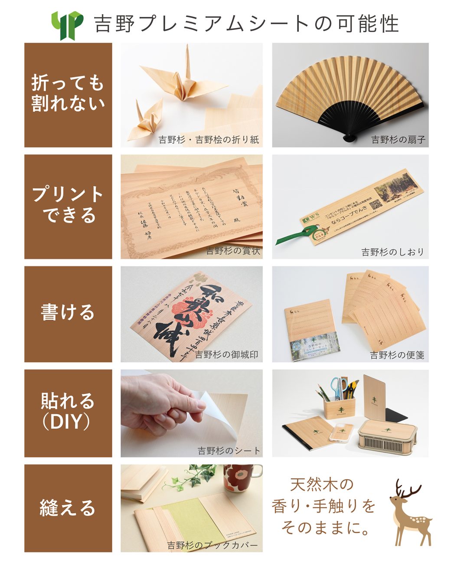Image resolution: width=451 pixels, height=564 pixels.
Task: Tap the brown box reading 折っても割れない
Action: (68, 95)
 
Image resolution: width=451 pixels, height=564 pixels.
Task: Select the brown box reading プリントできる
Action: (68, 207)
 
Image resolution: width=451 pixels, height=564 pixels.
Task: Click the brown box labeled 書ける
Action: (68, 314)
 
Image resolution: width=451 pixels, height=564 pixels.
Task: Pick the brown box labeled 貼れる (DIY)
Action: (68, 413)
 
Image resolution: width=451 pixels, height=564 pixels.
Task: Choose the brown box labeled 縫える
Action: (68, 508)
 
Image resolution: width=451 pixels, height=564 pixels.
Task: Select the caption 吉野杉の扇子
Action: (398, 140)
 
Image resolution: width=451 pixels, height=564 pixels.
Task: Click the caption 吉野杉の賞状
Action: (233, 251)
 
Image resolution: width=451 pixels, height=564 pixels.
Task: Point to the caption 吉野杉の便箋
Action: (397, 355)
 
